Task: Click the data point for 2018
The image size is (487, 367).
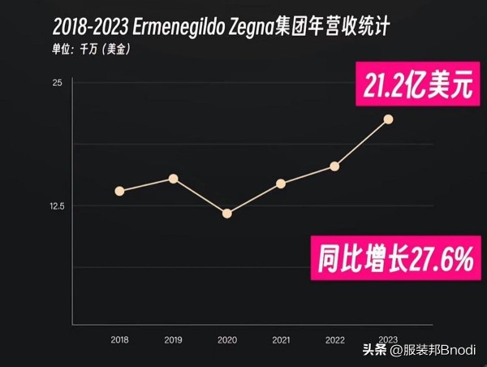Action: click(x=119, y=191)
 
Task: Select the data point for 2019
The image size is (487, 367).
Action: click(x=173, y=179)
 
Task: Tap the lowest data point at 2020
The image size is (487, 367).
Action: click(x=227, y=214)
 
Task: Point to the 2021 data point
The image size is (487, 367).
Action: click(x=281, y=183)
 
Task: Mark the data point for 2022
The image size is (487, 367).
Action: click(x=334, y=166)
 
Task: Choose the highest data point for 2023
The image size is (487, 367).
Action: click(x=389, y=119)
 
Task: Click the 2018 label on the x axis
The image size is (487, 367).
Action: click(x=119, y=339)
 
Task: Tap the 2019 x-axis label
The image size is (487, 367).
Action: click(x=173, y=339)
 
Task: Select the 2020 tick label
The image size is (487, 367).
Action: click(x=227, y=339)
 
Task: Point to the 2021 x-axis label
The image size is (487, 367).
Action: click(x=281, y=339)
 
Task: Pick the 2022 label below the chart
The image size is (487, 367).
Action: click(x=334, y=339)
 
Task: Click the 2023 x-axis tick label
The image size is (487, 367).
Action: click(x=389, y=339)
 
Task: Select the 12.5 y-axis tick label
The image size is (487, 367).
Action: click(x=54, y=206)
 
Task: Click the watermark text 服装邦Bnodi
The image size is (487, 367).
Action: click(x=439, y=349)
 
